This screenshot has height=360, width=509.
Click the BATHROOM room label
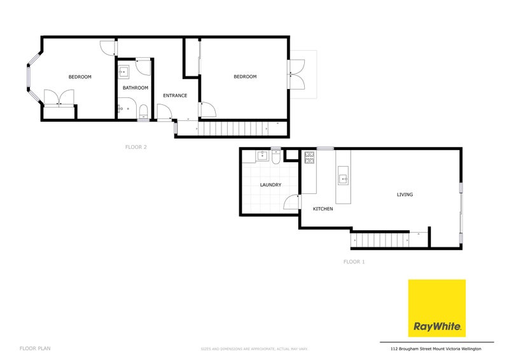136,88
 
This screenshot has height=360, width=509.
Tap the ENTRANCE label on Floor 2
175,95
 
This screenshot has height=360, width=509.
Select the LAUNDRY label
270,185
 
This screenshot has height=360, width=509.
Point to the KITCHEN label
323,209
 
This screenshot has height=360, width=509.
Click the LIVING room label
405,195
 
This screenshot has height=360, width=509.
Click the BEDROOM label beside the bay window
80,77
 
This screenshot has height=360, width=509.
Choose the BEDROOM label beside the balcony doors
245,77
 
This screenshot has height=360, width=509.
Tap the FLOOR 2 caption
136,147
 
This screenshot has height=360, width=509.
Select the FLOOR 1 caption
354,261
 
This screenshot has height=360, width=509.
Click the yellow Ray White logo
436,308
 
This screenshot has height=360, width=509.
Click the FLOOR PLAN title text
35,349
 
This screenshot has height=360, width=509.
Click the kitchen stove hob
310,157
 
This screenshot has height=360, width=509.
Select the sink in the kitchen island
343,178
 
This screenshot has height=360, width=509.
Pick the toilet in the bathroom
143,113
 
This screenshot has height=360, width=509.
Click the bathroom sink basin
125,71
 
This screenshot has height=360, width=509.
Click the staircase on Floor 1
379,240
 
